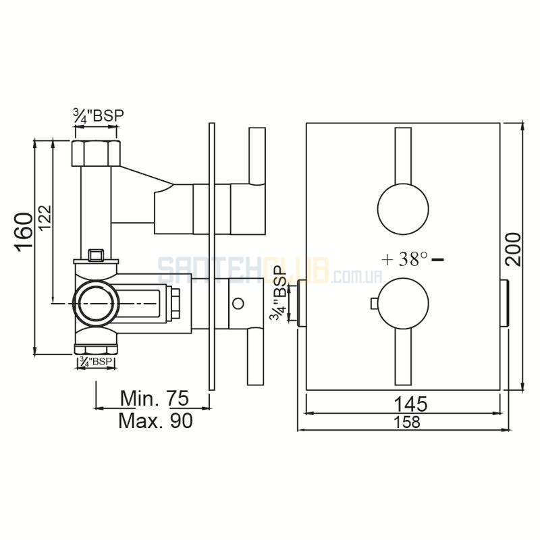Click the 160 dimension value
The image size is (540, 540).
click(x=24, y=232)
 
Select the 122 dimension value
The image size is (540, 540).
click(x=45, y=217)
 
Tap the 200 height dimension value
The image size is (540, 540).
click(x=513, y=249)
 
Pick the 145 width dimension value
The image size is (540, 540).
click(x=410, y=404)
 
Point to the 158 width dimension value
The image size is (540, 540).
click(x=407, y=422)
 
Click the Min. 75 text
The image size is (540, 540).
click(x=155, y=398)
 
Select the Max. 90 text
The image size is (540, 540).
click(x=155, y=421)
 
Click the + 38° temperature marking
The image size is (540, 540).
click(x=405, y=259)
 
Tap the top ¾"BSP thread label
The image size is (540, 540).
click(x=99, y=115)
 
